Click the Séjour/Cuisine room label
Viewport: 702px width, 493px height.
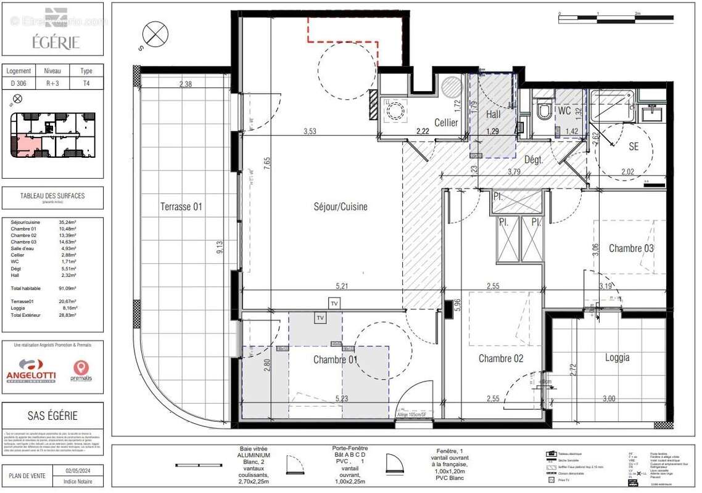click(x=340, y=207)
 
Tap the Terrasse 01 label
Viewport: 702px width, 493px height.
click(x=181, y=206)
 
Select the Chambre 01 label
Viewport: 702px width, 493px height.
click(x=336, y=359)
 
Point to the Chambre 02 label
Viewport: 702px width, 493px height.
click(x=500, y=359)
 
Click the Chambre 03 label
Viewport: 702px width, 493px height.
click(x=631, y=248)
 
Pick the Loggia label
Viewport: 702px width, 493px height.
click(x=617, y=357)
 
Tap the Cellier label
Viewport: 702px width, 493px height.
click(x=446, y=123)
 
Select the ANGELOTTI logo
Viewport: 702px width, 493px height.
click(x=31, y=370)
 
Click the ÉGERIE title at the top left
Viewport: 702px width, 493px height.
click(x=52, y=43)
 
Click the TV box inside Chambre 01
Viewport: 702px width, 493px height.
click(x=320, y=318)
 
